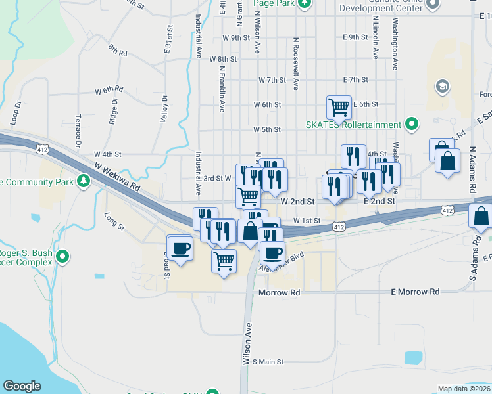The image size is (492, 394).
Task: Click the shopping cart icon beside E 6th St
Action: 339,106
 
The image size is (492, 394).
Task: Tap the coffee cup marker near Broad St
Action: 180,248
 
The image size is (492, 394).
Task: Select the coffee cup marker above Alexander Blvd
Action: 272,252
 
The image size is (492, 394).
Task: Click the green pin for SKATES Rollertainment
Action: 412,124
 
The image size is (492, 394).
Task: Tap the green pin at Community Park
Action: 83,180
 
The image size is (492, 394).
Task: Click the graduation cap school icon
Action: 442,86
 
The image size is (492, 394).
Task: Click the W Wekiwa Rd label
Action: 118,177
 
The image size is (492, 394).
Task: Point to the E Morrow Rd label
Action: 415,291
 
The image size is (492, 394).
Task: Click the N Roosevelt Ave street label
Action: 296,63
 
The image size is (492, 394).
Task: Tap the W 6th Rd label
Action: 109,89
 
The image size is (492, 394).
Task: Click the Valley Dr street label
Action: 164,109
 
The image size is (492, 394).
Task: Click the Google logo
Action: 22,386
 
